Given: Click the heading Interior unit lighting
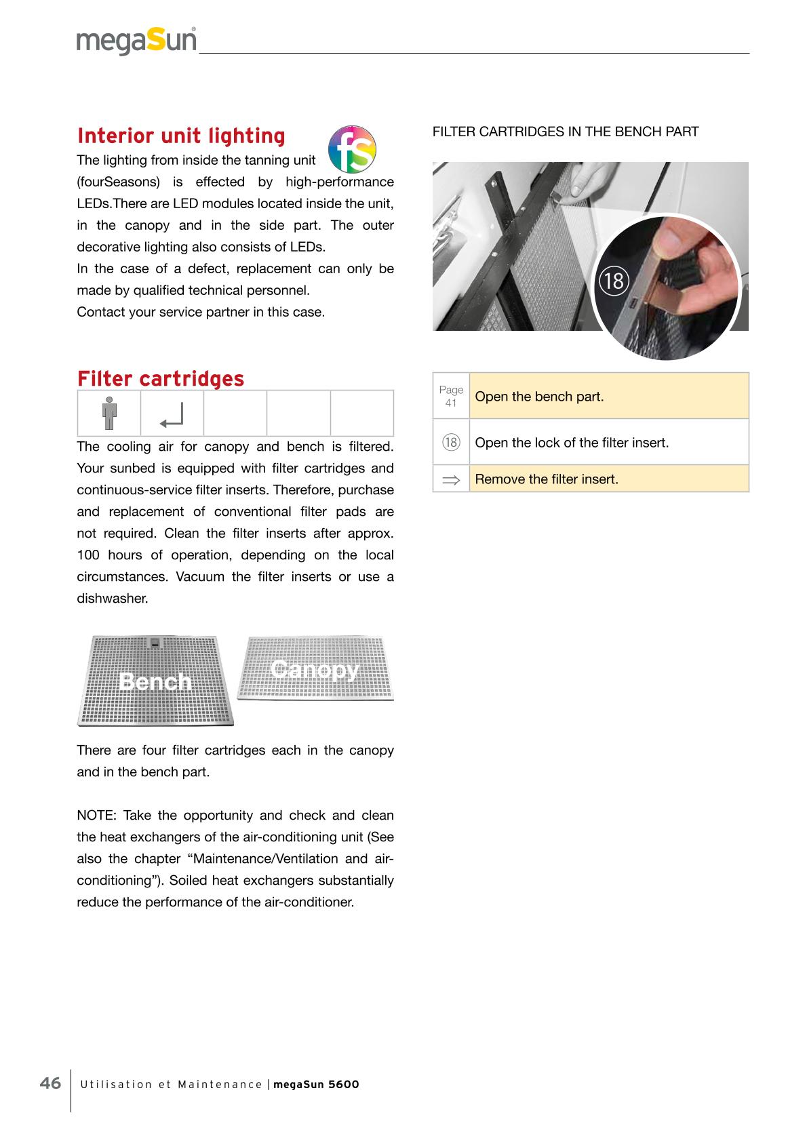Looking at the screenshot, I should (x=181, y=136).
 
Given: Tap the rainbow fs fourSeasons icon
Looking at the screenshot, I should (x=351, y=149).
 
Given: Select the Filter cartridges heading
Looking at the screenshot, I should (x=160, y=378).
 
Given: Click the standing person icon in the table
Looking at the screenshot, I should (x=109, y=414).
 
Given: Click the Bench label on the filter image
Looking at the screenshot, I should (x=155, y=681).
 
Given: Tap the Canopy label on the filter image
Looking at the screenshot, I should (x=313, y=669).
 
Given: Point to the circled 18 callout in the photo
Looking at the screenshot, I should (x=614, y=280).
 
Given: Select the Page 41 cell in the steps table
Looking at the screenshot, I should (x=451, y=396).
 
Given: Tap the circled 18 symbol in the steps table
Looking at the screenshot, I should (x=451, y=443).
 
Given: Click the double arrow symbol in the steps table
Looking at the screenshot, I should (x=451, y=479).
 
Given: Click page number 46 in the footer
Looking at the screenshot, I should (x=50, y=1083).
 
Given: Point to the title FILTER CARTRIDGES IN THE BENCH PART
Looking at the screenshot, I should (x=565, y=132).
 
